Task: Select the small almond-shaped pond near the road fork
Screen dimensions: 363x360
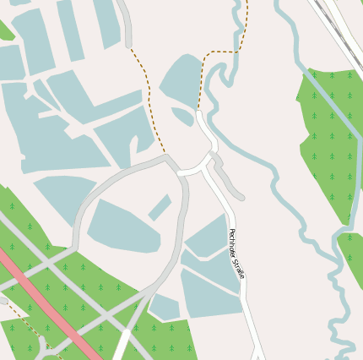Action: (182, 116)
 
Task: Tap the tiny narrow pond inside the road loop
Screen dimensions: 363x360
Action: (160, 207)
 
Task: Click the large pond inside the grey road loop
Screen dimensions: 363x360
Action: (122, 226)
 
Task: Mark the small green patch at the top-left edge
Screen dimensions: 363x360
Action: (5, 30)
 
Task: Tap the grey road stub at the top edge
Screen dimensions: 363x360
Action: (127, 21)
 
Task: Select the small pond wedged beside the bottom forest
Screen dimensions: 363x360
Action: (164, 307)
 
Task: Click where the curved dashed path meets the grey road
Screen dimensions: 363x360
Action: (166, 155)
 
